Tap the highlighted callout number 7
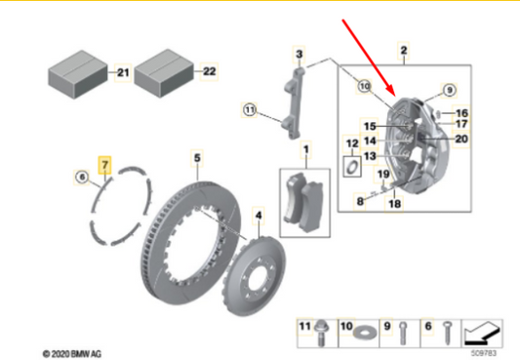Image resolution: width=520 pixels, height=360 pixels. (x=106, y=163)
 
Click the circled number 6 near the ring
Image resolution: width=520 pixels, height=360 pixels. (x=82, y=177)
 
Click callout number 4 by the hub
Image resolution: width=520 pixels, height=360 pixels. (x=258, y=214)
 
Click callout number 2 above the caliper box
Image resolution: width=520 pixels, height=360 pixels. (x=404, y=49)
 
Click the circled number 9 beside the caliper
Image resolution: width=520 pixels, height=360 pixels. (x=449, y=90)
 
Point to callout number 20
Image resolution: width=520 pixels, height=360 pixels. (x=461, y=139)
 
